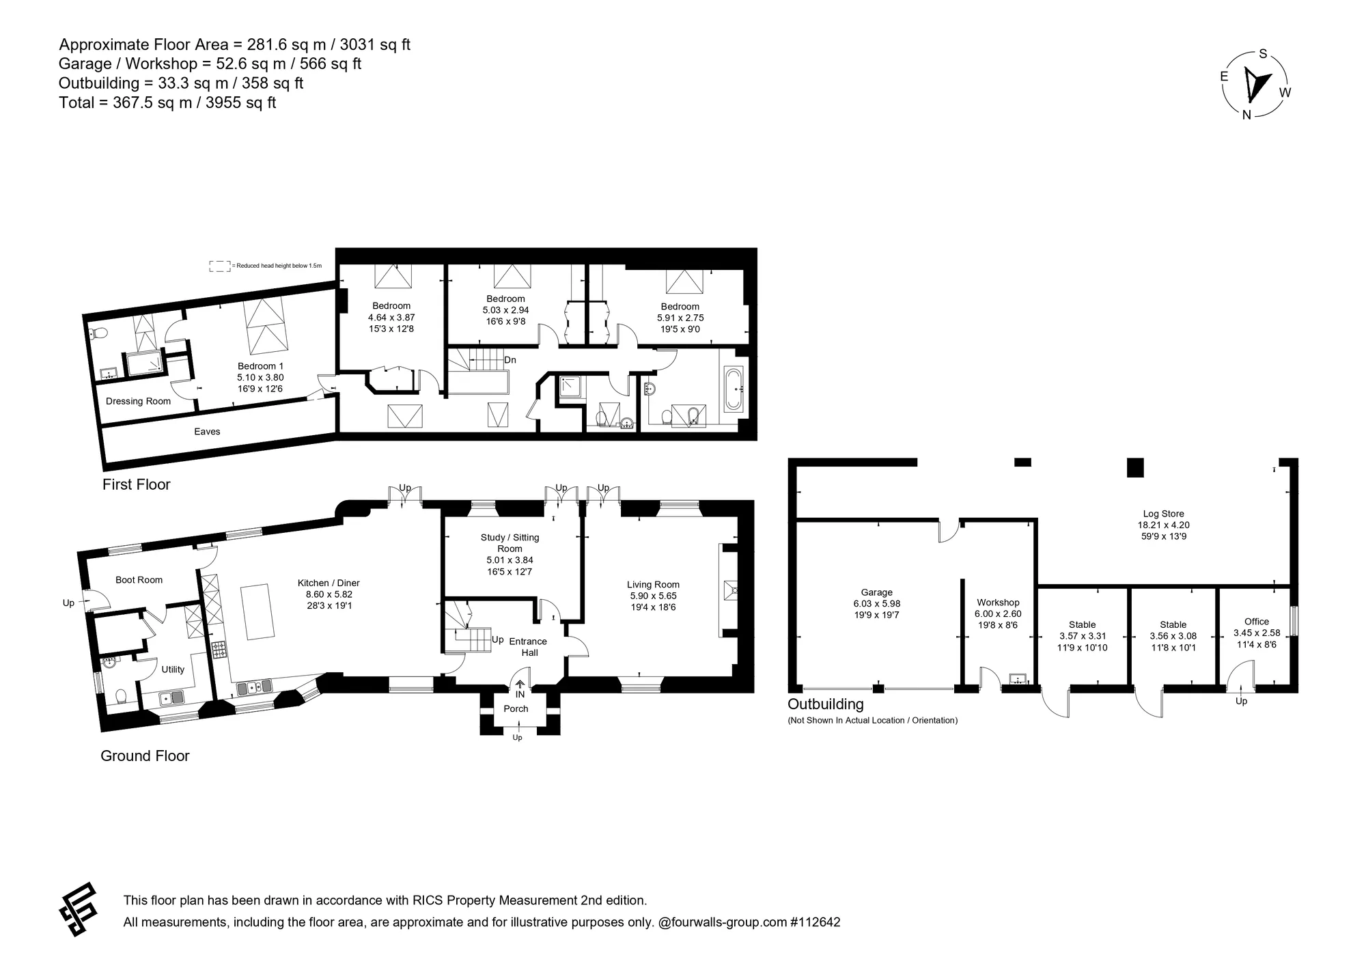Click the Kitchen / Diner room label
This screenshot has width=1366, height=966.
click(329, 583)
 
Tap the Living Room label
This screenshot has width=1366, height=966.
click(653, 584)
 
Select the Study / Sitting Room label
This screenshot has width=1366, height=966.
click(510, 543)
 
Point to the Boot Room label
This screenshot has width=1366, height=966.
click(139, 580)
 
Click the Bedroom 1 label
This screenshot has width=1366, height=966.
click(260, 366)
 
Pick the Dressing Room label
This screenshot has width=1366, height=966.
click(138, 401)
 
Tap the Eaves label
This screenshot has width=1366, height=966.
click(207, 431)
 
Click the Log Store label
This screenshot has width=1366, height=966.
click(1163, 514)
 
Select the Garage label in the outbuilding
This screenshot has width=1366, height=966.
click(876, 592)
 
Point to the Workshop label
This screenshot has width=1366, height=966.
click(998, 603)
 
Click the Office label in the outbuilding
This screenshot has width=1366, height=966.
click(1256, 622)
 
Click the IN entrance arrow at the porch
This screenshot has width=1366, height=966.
click(520, 684)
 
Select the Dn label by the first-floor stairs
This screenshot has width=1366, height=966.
click(510, 360)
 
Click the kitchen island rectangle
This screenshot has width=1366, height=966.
click(260, 611)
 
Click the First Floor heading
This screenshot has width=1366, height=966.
click(137, 484)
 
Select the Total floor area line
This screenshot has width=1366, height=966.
click(167, 102)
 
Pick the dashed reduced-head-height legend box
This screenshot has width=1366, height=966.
click(220, 266)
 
